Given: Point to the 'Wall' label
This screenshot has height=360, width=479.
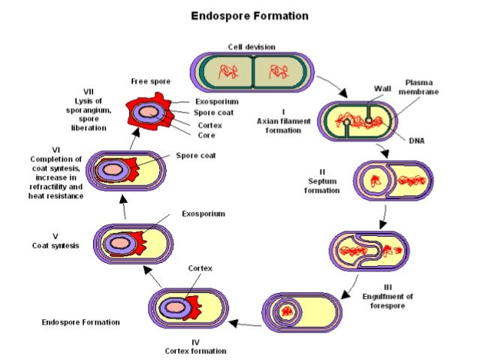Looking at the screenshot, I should [x=382, y=88].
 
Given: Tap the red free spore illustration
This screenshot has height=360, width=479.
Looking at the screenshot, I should [x=151, y=114].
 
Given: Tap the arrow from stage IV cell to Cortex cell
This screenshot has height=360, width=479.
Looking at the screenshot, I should [x=243, y=323].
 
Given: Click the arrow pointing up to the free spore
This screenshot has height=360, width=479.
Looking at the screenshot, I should [x=134, y=138].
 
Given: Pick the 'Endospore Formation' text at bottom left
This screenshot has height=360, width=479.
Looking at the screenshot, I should [x=81, y=322].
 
